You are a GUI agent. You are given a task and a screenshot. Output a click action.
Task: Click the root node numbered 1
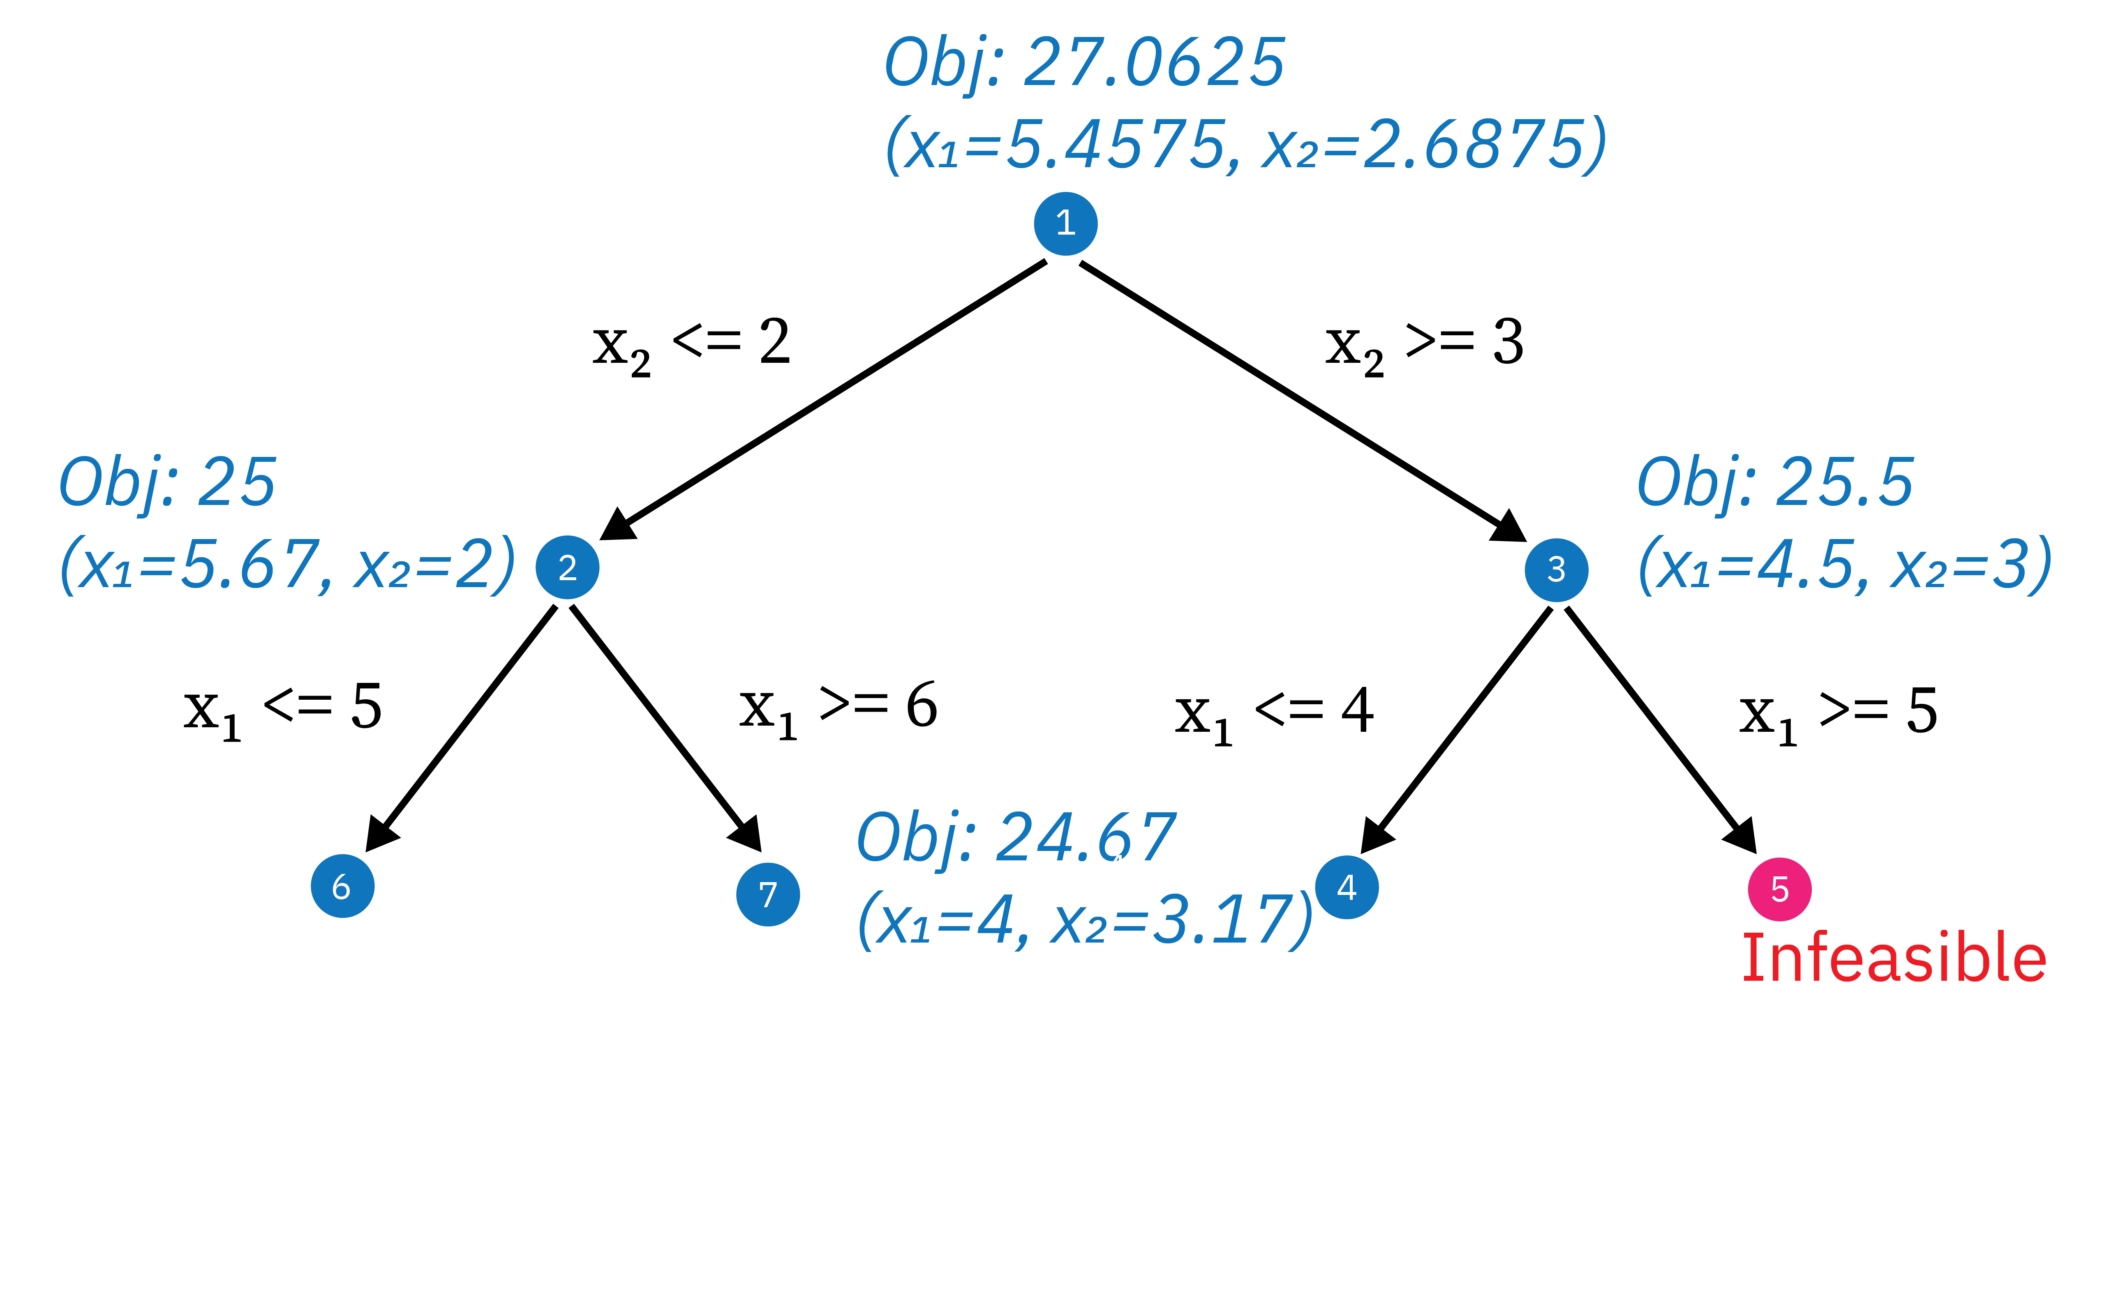[1065, 224]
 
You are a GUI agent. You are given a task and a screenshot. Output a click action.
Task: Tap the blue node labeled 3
[1556, 569]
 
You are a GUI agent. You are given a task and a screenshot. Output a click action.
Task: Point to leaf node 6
[342, 886]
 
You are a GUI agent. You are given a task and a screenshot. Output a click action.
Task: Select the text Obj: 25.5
[1775, 482]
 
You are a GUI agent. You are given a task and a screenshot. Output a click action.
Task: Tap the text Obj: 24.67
[1016, 837]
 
